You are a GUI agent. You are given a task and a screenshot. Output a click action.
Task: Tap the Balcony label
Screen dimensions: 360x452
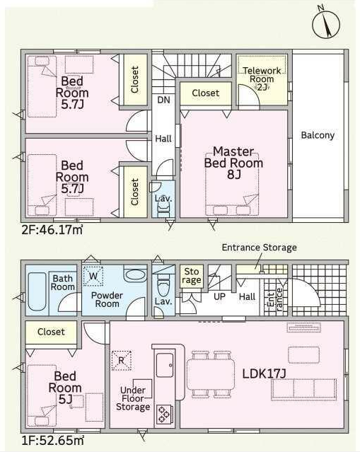coord(318,135)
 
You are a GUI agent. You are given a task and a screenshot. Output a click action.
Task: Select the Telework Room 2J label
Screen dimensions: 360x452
coord(262,79)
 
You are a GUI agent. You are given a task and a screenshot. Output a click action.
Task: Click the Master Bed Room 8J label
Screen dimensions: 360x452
coord(233,163)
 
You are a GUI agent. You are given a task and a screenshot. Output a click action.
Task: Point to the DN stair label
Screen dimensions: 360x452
coord(163,100)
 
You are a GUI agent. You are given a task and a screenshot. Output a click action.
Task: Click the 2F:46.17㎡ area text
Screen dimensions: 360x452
coord(52,230)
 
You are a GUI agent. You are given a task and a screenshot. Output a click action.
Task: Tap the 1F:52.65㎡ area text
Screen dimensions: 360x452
coord(53,441)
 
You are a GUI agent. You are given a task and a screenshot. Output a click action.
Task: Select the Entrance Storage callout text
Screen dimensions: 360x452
coord(259,248)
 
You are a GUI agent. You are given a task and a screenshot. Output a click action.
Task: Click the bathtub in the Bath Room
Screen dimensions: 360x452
coord(37,291)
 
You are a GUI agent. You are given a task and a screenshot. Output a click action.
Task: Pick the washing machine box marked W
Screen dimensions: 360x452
coord(93,276)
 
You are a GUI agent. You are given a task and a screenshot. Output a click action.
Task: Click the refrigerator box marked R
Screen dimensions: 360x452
coord(122,360)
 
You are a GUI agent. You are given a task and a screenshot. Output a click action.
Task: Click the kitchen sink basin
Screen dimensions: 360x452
coord(165,365)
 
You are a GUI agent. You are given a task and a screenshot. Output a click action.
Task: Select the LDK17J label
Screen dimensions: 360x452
coord(264,374)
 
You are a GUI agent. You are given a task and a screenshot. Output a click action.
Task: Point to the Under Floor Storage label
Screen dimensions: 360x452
coord(133,398)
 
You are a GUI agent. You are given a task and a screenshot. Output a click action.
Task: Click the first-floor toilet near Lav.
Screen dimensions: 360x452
coord(163,284)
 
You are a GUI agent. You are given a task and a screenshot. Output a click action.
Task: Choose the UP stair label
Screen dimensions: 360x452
coord(219,296)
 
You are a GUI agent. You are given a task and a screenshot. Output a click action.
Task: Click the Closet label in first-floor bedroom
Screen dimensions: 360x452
coord(51,332)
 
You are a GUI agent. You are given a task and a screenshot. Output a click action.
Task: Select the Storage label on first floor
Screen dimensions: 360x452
coord(192,276)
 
